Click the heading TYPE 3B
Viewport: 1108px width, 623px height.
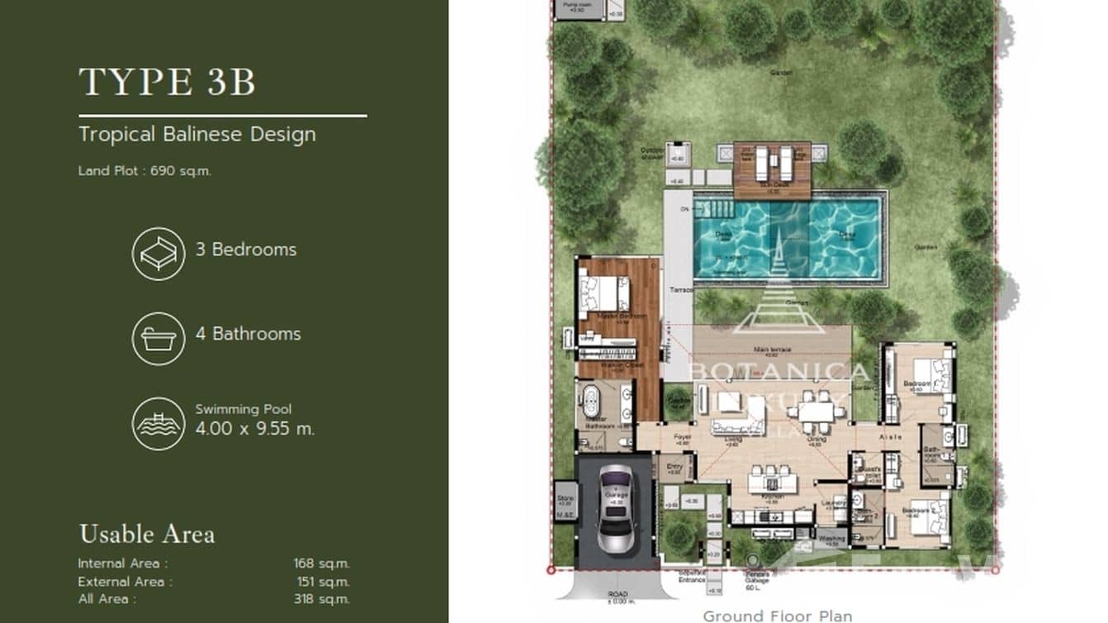(x=168, y=83)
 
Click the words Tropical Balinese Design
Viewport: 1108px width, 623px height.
(x=197, y=134)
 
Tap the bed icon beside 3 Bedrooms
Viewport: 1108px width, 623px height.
(x=158, y=254)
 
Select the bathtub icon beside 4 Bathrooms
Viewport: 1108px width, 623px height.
(x=158, y=339)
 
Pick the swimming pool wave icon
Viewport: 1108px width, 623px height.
(x=158, y=424)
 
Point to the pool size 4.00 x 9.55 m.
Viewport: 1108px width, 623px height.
(x=255, y=429)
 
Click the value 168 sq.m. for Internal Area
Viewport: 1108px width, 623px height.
(x=321, y=564)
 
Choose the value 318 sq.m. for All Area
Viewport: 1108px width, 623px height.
(x=321, y=599)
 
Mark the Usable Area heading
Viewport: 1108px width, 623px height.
(x=147, y=535)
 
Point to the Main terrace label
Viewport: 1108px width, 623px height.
(x=772, y=350)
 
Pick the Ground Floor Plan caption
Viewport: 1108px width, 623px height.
(x=777, y=616)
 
